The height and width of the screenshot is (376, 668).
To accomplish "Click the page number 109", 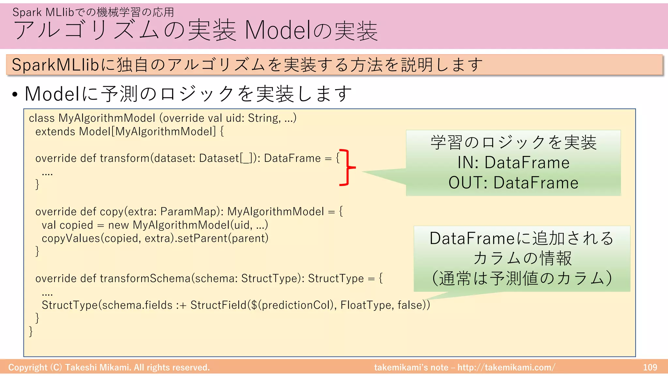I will pyautogui.click(x=650, y=368).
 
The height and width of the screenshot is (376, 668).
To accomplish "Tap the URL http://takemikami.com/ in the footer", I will pyautogui.click(x=506, y=368).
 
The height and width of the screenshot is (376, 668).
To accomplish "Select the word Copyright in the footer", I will pyautogui.click(x=28, y=368).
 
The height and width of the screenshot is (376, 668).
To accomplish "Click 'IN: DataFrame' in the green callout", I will pyautogui.click(x=513, y=163).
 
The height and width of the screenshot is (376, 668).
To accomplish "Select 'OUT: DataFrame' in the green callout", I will pyautogui.click(x=513, y=183).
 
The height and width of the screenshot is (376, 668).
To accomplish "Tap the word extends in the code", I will pyautogui.click(x=55, y=132).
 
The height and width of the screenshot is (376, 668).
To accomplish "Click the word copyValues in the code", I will pyautogui.click(x=71, y=238).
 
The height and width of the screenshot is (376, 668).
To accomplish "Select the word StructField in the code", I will pyautogui.click(x=218, y=305).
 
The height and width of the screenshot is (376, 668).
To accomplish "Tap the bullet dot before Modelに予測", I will pyautogui.click(x=15, y=95).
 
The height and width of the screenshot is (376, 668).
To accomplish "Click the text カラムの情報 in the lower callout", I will pyautogui.click(x=522, y=258).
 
